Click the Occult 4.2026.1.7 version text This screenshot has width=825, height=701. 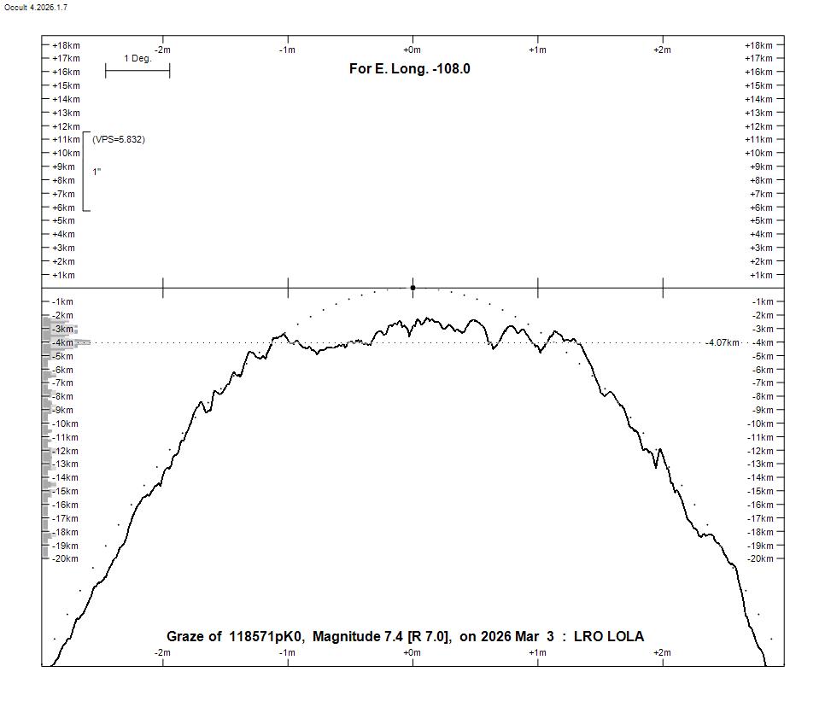coord(36,7)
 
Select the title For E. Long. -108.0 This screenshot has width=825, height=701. coord(409,68)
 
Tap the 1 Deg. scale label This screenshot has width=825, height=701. coord(137,59)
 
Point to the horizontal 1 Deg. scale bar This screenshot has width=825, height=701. coord(137,70)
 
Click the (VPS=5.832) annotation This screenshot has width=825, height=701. coord(119,139)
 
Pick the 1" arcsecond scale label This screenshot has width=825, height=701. coord(97,172)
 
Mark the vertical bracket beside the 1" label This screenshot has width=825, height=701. coord(84,172)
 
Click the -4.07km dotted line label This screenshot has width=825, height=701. coord(722,342)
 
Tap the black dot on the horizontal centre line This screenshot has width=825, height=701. coord(412,288)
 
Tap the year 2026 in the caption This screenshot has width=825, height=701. coord(496,637)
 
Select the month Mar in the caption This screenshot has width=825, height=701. coord(528,637)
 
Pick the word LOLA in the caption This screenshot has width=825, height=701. coord(626,637)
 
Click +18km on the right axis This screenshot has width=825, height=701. coord(758,45)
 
